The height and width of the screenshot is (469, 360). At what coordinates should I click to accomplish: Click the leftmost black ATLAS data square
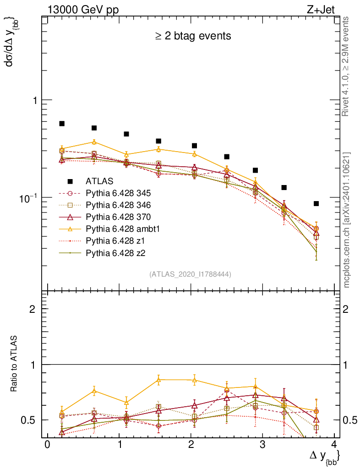62,124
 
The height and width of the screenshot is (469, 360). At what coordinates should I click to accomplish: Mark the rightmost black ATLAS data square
316,203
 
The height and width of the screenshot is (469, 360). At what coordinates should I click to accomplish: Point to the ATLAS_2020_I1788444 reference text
190,274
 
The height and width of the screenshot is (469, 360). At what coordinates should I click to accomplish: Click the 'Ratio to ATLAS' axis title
15,365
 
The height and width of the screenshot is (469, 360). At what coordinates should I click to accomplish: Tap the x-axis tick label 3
262,446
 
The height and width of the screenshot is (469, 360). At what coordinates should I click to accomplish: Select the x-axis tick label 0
47,446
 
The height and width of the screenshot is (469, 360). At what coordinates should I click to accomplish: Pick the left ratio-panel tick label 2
32,309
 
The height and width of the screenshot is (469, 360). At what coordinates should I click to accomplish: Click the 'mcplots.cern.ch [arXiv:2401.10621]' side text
347,220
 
